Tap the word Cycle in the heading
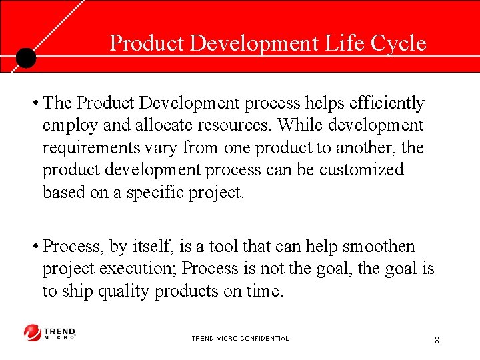[399, 43]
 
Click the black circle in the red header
[25, 57]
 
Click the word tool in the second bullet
[223, 247]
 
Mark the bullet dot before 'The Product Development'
[34, 104]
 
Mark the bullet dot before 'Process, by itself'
[34, 247]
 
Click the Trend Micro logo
[50, 332]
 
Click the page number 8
[437, 340]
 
